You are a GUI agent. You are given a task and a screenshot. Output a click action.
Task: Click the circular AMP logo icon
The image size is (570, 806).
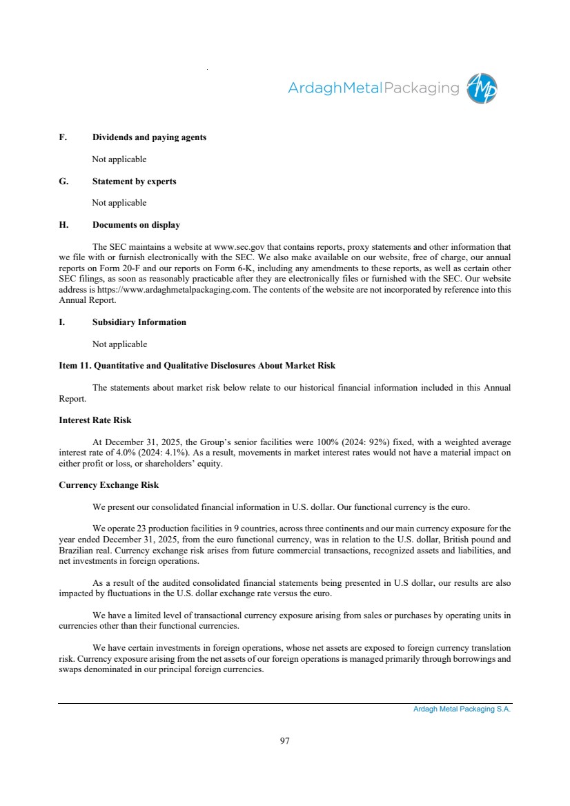tap(482, 88)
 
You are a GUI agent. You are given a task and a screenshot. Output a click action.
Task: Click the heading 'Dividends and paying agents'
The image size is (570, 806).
tap(149, 137)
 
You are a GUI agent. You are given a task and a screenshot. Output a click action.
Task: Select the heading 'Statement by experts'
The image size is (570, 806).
tap(134, 181)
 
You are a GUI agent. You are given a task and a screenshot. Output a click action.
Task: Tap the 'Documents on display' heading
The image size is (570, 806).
tap(136, 225)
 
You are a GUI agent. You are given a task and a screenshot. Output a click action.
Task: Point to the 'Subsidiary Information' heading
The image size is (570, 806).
tap(139, 322)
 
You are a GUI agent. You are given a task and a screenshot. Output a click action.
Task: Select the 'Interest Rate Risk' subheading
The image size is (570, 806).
tap(95, 420)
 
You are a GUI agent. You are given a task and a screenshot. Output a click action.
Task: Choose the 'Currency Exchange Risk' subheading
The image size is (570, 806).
tap(109, 485)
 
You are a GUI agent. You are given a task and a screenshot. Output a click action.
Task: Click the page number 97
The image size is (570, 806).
tap(285, 741)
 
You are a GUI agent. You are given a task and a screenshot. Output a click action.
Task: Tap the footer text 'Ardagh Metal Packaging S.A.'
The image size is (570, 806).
tap(458, 709)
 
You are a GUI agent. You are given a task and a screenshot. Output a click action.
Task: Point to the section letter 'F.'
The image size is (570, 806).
tap(63, 137)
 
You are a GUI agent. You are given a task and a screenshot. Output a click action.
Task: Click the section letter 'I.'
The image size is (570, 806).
tap(61, 322)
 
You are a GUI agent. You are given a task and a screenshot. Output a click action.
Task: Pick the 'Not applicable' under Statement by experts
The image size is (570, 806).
tap(119, 203)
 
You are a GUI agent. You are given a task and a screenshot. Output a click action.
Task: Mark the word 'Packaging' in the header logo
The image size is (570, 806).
tap(420, 88)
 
